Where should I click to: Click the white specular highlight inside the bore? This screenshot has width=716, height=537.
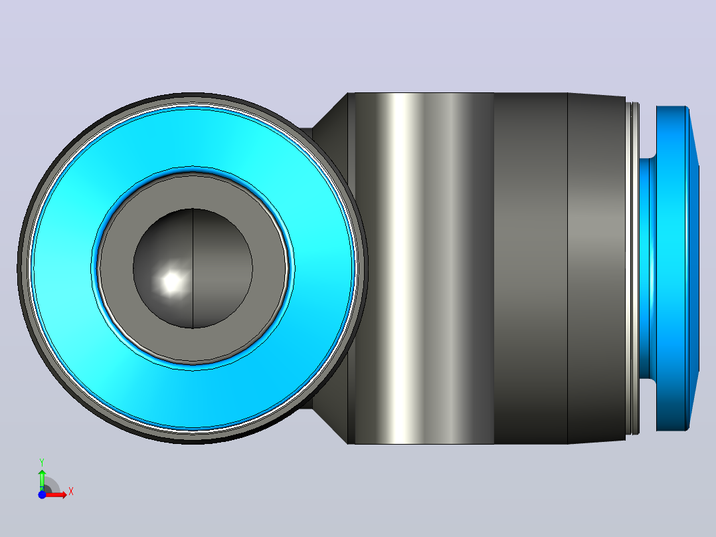(172, 281)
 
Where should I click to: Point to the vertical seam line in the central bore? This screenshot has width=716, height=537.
(193, 268)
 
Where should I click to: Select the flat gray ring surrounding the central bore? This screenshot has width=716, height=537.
(116, 268)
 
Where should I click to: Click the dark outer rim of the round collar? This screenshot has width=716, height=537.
(21, 268)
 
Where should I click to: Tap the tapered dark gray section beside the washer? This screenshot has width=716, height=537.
(596, 268)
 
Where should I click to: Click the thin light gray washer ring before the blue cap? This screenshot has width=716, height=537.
(635, 268)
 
